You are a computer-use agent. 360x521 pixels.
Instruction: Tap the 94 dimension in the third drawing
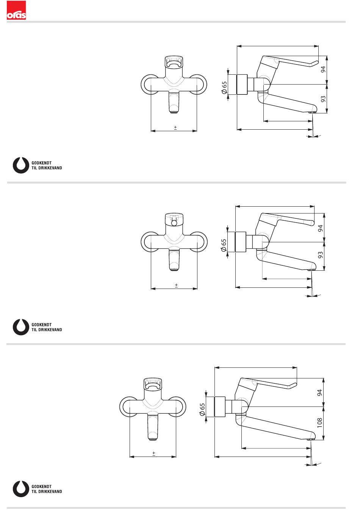click(x=320, y=393)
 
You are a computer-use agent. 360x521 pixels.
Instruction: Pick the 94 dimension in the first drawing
click(x=323, y=70)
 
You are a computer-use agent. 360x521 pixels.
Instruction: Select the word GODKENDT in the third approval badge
click(x=42, y=486)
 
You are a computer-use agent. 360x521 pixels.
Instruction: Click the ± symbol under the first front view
click(x=175, y=128)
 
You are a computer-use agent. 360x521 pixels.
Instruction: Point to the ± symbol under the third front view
click(x=154, y=453)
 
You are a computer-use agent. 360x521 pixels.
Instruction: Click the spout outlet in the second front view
click(x=174, y=270)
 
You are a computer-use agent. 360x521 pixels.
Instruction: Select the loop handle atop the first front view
click(x=174, y=63)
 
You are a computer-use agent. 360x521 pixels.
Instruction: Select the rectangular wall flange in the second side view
click(x=241, y=242)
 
